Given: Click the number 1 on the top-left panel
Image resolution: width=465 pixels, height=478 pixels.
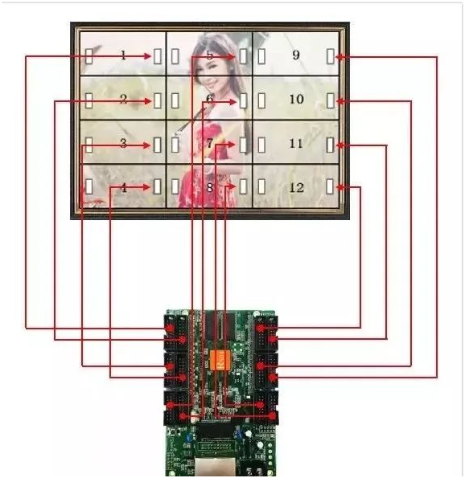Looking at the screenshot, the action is [123, 55].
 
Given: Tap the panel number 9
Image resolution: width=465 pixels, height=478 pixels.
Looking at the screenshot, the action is [296, 55].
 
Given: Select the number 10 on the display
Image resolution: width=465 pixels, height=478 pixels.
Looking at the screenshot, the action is [296, 99].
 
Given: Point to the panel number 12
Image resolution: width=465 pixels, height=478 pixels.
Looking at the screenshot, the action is [296, 187].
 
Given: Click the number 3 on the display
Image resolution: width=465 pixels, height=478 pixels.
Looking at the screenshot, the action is [123, 143].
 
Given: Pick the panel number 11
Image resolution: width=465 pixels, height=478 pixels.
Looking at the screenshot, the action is [296, 143].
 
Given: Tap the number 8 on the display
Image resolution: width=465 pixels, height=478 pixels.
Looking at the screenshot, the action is [210, 187].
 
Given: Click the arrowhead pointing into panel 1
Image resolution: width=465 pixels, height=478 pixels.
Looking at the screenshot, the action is [148, 56].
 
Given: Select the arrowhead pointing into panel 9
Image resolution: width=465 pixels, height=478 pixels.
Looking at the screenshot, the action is [340, 56].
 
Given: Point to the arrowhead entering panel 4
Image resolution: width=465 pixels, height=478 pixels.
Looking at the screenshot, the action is [148, 187].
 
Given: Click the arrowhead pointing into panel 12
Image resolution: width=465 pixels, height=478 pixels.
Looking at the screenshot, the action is [340, 187].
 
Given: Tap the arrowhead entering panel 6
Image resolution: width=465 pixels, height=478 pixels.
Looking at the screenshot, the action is [232, 102].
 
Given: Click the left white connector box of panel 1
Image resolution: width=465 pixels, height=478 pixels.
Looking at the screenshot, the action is [88, 56].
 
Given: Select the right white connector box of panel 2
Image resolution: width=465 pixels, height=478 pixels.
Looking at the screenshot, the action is [157, 100].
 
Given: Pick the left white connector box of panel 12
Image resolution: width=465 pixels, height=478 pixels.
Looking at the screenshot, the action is [261, 186].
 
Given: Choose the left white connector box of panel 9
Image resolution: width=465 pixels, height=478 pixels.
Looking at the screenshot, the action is [261, 56].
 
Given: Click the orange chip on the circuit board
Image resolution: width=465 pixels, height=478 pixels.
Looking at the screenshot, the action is [220, 360].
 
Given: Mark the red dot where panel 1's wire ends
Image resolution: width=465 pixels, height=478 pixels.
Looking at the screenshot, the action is [169, 329].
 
